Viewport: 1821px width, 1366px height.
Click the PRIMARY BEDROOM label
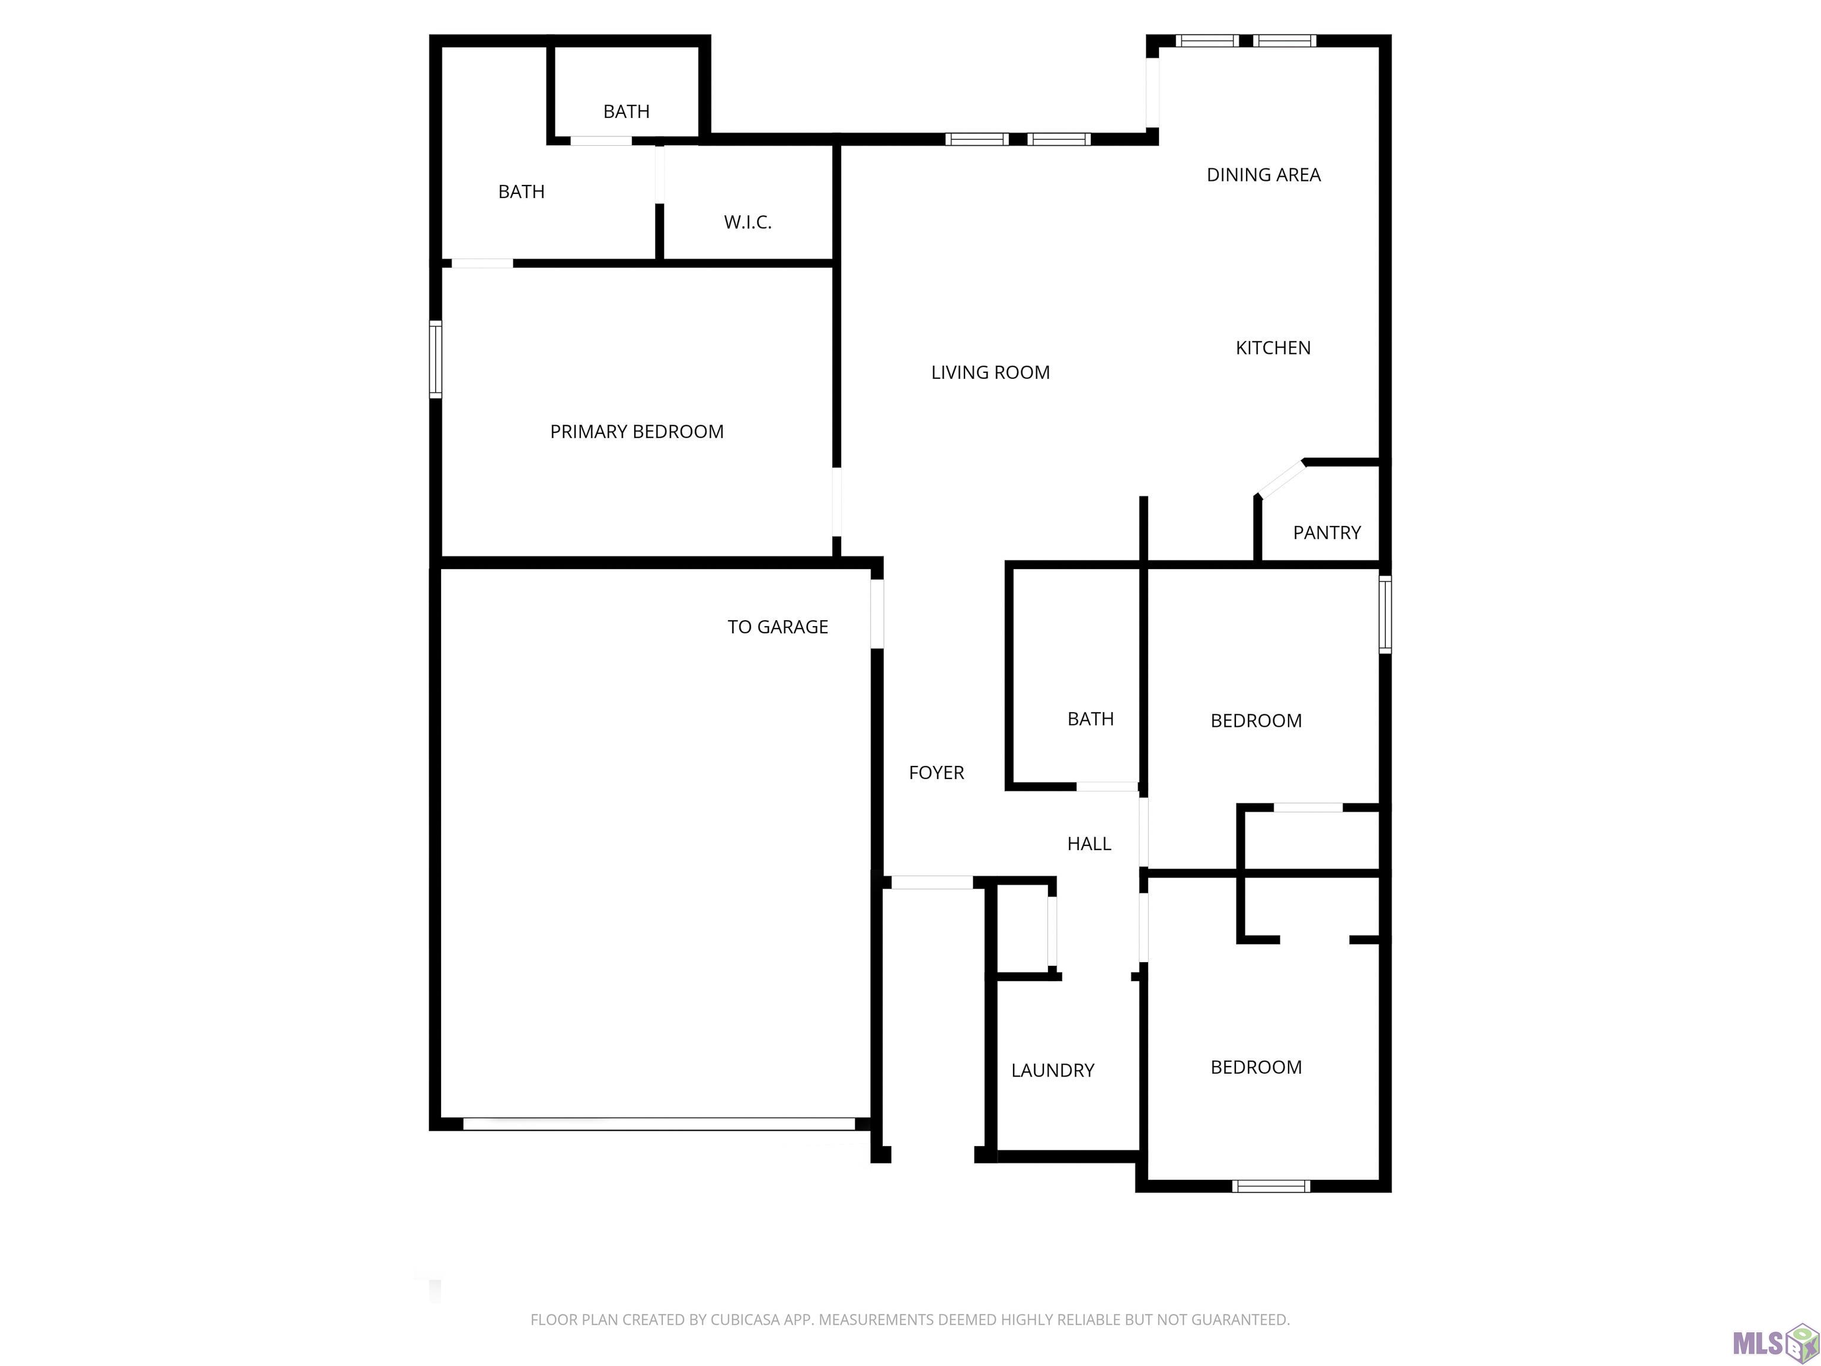click(x=637, y=432)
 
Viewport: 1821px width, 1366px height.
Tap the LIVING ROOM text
click(x=991, y=372)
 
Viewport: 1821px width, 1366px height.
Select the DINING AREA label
click(x=1264, y=174)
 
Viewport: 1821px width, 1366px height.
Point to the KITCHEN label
click(x=1273, y=347)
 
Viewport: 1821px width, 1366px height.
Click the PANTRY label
click(x=1327, y=533)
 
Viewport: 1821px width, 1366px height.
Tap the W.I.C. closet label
click(x=747, y=222)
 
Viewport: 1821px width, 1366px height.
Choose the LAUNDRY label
click(x=1053, y=1070)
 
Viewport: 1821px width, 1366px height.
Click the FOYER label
click(x=936, y=773)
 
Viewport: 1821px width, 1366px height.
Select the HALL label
click(x=1089, y=843)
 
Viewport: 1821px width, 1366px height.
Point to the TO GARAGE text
click(x=778, y=627)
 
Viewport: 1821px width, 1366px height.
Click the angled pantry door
click(x=1281, y=479)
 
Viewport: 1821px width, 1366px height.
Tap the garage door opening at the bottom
click(x=659, y=1124)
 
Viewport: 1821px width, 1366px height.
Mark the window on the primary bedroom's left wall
click(x=436, y=359)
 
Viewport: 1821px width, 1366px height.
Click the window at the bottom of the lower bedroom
click(x=1271, y=1186)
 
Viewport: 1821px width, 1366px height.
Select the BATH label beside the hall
click(x=1091, y=719)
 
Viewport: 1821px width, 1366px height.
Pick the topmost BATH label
click(x=627, y=111)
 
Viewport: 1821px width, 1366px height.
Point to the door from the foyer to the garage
click(x=877, y=614)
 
